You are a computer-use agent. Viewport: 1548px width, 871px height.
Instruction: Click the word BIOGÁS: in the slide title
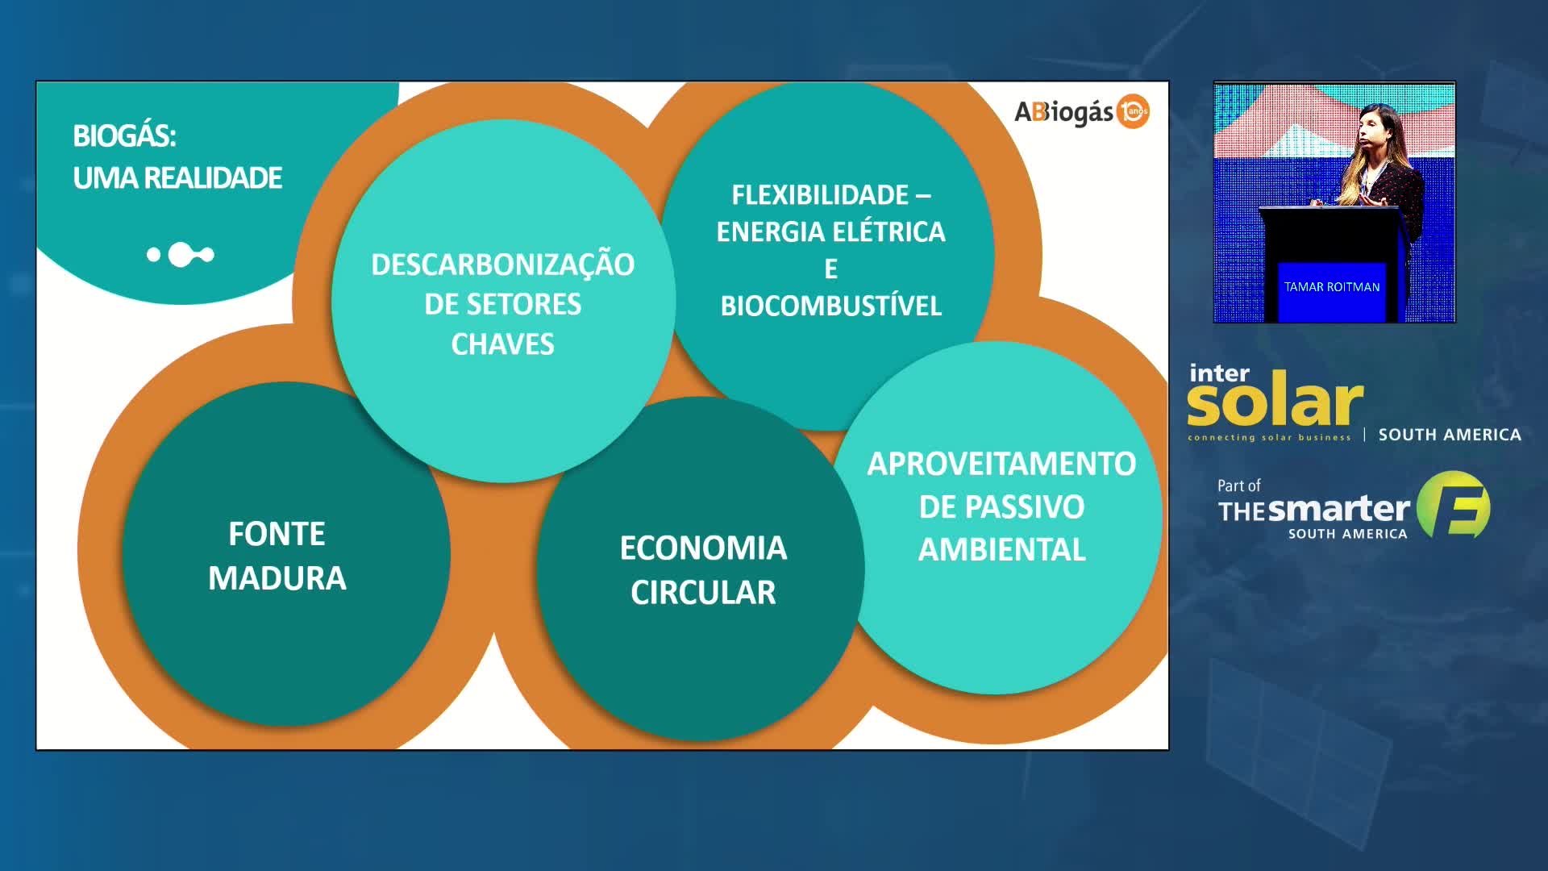coord(124,135)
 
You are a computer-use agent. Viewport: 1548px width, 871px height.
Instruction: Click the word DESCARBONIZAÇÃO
coord(502,265)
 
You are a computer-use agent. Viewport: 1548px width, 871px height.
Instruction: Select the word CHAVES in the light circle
coord(502,344)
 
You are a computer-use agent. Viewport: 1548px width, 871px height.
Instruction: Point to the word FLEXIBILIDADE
coord(820,195)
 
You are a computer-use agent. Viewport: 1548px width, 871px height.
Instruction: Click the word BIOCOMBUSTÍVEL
coord(830,306)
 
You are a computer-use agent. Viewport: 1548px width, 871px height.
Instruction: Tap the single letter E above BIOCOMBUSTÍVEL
coord(830,269)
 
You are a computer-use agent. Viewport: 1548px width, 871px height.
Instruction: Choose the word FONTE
coord(277,534)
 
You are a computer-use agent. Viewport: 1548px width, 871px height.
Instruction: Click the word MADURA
coord(277,578)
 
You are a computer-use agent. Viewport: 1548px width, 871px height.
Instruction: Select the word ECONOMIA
coord(703,548)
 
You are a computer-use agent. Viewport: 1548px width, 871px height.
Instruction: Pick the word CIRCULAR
coord(703,593)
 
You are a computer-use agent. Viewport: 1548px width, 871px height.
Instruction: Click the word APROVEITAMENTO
coord(1001,464)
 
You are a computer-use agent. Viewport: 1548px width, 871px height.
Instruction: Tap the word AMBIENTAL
coord(1001,550)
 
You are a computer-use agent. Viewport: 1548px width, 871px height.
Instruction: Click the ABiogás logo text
coord(1064,112)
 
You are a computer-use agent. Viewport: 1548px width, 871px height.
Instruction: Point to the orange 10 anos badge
coord(1134,111)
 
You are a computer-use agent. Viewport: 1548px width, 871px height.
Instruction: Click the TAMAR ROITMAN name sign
coord(1332,287)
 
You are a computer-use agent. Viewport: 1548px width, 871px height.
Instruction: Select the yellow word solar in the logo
coord(1275,404)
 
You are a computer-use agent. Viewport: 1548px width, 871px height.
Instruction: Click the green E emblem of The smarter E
coord(1454,505)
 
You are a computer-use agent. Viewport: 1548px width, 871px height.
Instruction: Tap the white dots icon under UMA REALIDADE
coord(181,255)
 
